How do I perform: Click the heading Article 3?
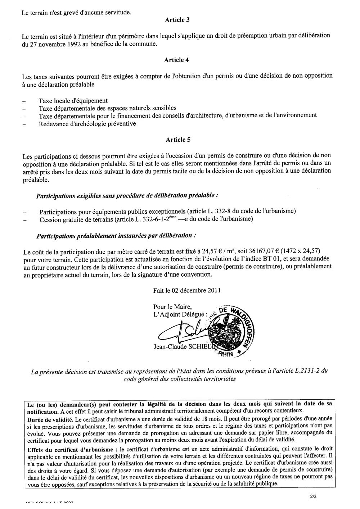point(177,20)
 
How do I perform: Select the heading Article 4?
point(176,60)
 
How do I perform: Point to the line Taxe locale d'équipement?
point(73,101)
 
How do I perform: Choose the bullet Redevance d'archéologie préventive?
point(87,124)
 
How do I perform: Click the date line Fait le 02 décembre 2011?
point(187,290)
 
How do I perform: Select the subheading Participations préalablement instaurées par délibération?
point(116,236)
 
